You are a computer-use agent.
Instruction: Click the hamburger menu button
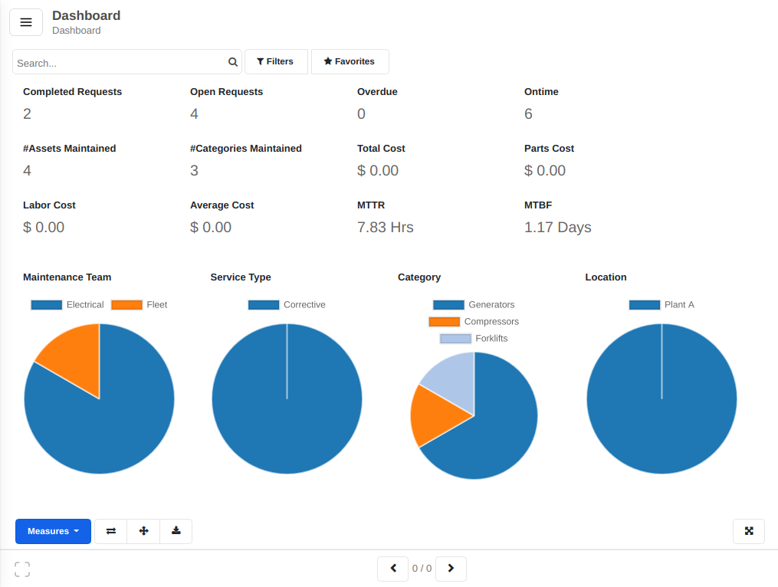25,22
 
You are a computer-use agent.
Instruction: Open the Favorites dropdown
350,61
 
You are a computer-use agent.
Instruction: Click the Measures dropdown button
53,531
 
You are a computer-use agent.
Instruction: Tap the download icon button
176,531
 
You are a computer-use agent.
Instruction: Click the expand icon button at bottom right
749,531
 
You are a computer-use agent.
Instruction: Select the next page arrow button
451,569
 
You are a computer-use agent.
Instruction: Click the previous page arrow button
393,569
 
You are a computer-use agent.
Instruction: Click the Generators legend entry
474,305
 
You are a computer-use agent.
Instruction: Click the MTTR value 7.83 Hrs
386,228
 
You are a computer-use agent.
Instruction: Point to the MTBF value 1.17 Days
557,228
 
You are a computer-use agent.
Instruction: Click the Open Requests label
226,92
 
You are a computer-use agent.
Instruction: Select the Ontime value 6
528,114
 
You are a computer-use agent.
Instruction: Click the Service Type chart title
241,277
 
